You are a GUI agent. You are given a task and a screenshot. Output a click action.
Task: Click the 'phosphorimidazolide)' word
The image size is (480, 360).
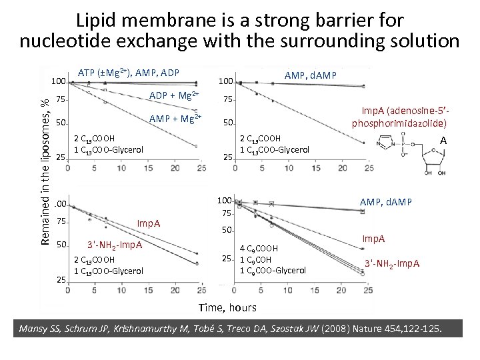399,124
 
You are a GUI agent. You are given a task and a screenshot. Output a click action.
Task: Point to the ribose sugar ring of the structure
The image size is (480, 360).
435,160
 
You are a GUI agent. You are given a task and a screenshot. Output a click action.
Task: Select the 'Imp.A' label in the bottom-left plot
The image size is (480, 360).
148,223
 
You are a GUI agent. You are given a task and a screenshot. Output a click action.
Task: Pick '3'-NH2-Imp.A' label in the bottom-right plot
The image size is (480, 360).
392,263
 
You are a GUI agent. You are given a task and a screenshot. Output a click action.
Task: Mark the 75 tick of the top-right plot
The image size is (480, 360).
227,100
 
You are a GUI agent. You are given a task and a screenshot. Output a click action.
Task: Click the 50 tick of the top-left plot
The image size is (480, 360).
60,123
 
